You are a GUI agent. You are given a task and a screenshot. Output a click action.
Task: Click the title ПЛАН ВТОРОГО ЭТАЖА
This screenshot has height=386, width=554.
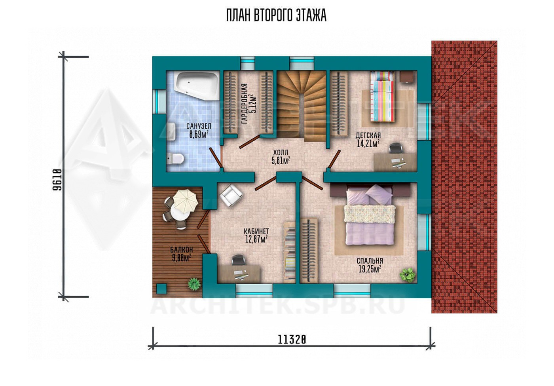coord(276,15)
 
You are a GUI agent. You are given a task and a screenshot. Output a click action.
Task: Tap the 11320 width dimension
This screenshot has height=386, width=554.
coord(292,340)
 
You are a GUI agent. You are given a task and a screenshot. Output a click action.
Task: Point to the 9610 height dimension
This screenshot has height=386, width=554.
coord(57,180)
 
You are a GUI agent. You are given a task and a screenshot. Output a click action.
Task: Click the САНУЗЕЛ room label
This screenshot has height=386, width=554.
coord(199,126)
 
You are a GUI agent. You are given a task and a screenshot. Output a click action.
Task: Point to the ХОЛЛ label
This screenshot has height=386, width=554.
coord(281,152)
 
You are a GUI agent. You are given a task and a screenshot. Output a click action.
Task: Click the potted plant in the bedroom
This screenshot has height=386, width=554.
coord(407,274)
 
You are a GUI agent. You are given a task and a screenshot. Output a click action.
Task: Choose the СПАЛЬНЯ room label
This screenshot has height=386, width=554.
coord(370,261)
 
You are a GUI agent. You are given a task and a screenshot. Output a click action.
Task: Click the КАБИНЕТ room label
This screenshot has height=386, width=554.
coord(256,231)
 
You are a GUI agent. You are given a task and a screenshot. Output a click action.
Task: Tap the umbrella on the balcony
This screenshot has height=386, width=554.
coord(186,201)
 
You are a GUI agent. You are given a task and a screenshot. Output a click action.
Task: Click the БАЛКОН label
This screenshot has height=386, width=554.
coord(182,249)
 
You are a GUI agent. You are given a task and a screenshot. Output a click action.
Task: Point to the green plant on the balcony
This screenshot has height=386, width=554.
coord(194,284)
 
